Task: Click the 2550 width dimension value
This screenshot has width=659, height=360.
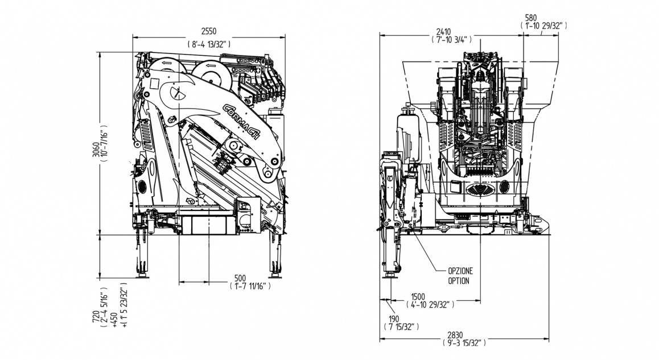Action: coord(209,31)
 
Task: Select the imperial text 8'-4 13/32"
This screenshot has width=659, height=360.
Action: coord(209,43)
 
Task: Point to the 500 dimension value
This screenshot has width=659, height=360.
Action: coord(241,278)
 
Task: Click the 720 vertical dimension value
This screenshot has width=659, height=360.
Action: coord(95,309)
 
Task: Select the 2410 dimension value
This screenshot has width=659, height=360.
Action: coord(444,31)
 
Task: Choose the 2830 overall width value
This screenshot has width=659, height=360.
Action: coord(464,334)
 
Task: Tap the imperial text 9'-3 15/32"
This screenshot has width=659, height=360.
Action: coord(464,344)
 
